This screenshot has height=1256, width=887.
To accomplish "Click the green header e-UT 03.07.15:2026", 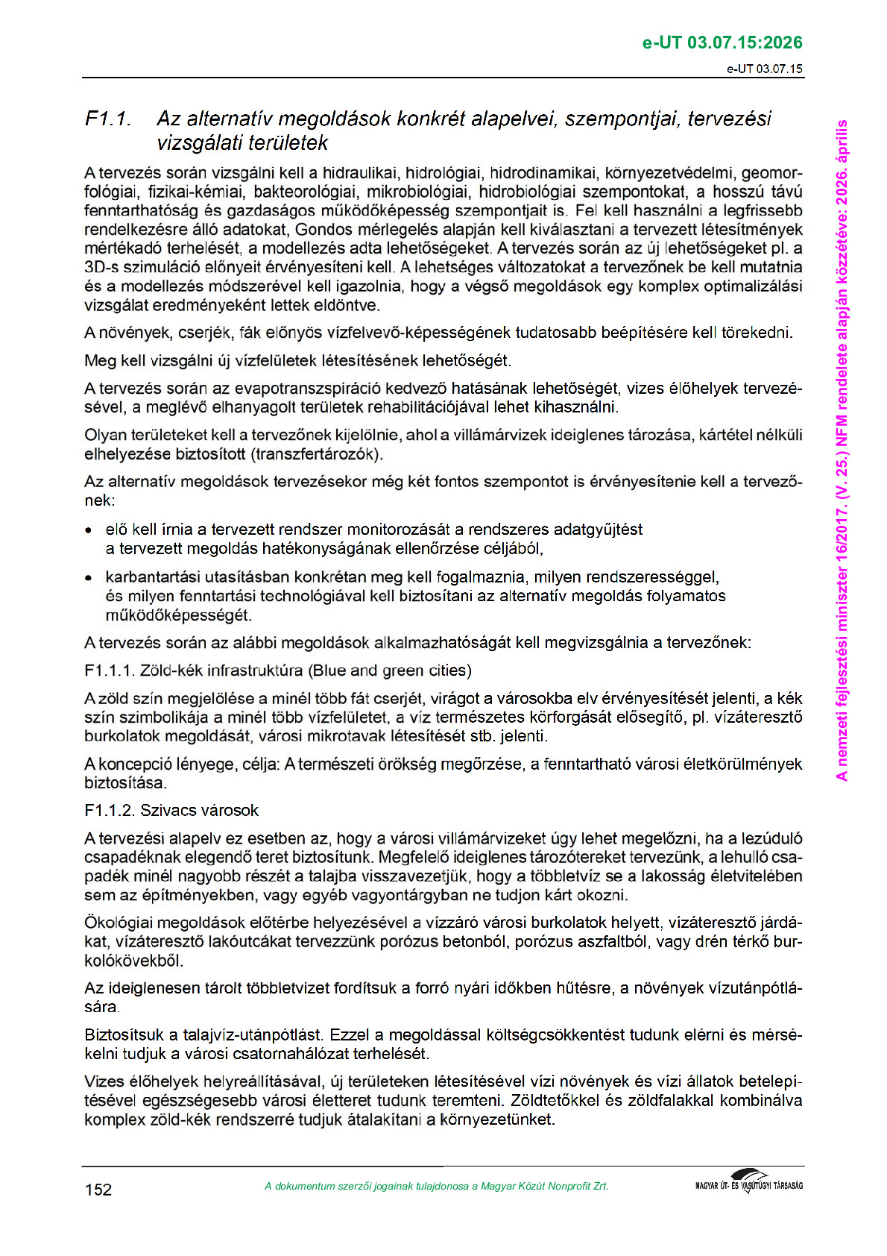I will [722, 43].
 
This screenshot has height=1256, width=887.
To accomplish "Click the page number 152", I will [98, 1190].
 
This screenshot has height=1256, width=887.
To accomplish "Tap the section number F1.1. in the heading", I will [108, 119].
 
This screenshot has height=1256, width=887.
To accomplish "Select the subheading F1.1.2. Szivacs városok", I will [171, 811].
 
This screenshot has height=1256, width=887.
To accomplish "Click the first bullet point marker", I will [89, 531].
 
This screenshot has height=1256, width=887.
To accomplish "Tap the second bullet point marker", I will [89, 578].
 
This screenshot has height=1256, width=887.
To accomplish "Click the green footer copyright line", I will [436, 1187].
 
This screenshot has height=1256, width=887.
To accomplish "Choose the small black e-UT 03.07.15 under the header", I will [765, 69].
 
